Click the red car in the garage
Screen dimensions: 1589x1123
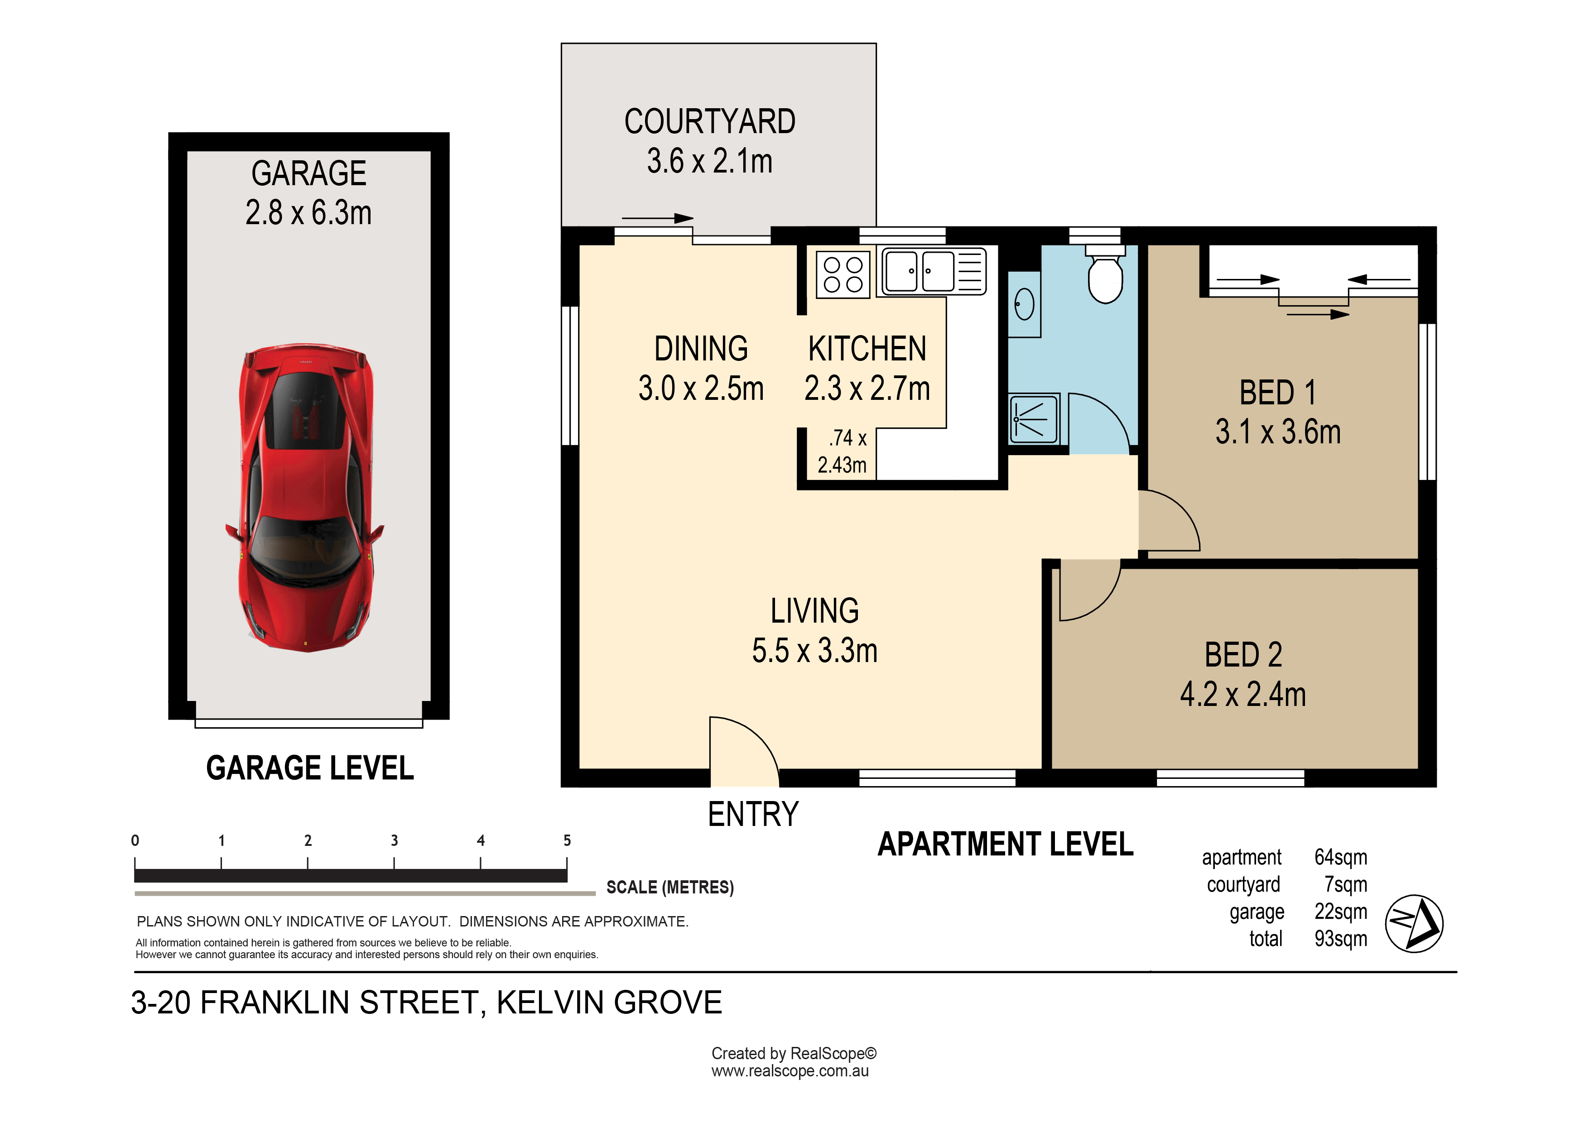coord(305,498)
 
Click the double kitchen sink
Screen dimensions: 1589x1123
coord(934,271)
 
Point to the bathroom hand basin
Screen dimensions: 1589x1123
coord(1024,304)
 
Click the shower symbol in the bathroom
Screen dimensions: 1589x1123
coord(1034,418)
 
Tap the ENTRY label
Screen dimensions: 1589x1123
coord(753,814)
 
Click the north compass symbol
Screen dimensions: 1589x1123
coord(1414,924)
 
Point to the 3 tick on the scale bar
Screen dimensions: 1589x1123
coord(395,863)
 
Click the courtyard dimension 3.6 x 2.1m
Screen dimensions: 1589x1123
coord(709,161)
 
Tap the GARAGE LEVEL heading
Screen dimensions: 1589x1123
coord(310,768)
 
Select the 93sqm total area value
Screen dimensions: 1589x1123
coord(1340,939)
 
